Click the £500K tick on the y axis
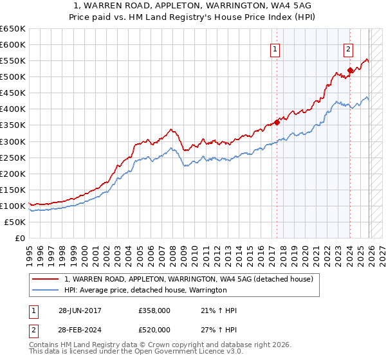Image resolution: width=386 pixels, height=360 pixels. click(12, 77)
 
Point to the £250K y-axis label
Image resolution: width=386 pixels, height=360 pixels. click(12, 157)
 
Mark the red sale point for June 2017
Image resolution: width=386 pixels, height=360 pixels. click(277, 122)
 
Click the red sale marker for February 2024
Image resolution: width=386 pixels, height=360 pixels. click(350, 71)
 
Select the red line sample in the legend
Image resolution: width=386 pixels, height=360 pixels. click(46, 280)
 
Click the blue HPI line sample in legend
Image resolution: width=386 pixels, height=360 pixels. click(46, 291)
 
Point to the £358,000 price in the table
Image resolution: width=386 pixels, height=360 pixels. click(154, 310)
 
